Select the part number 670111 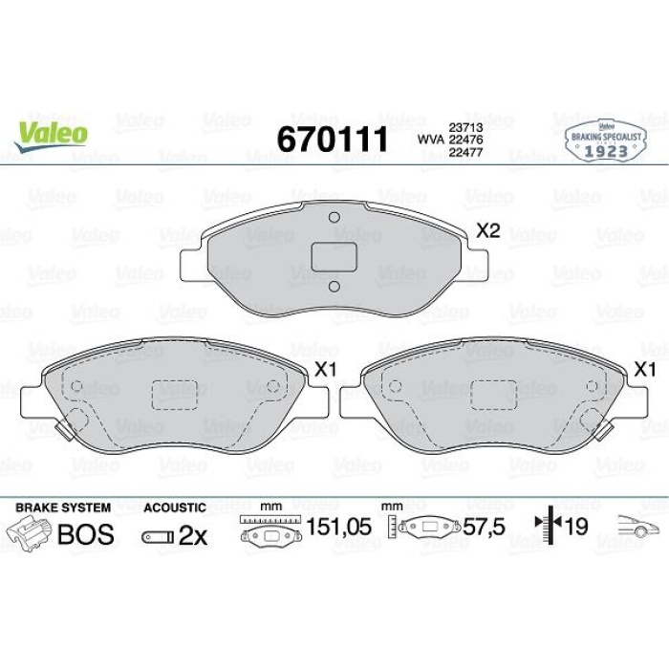pyautogui.click(x=332, y=139)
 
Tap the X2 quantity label pyautogui.click(x=488, y=230)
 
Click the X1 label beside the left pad pyautogui.click(x=327, y=370)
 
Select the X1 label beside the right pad pyautogui.click(x=646, y=370)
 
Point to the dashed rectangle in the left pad pyautogui.click(x=174, y=394)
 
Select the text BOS pyautogui.click(x=85, y=534)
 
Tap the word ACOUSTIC pyautogui.click(x=174, y=507)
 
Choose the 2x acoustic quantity pyautogui.click(x=193, y=535)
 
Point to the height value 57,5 pyautogui.click(x=483, y=527)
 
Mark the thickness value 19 pyautogui.click(x=575, y=527)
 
